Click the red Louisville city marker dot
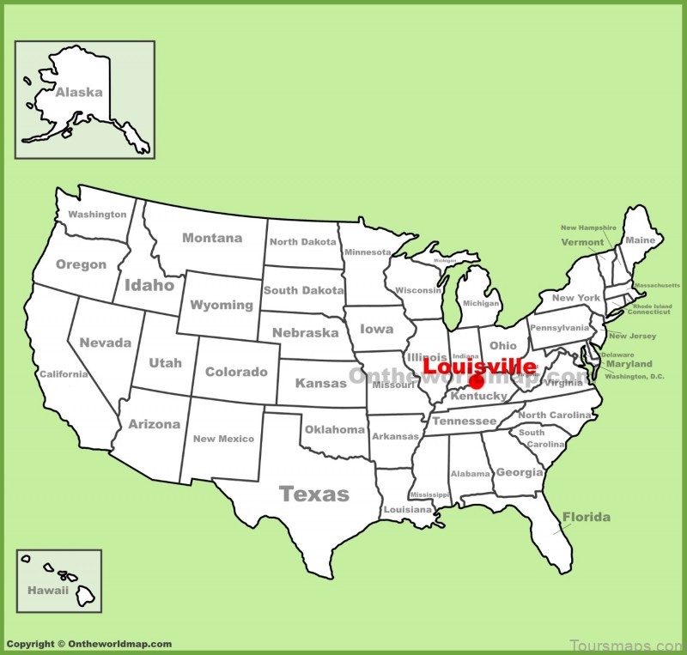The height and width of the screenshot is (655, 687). (477, 382)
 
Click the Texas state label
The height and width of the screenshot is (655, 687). (314, 494)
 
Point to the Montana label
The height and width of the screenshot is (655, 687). (211, 238)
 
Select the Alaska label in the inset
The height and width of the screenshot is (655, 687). (79, 92)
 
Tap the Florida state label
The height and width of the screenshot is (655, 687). (587, 517)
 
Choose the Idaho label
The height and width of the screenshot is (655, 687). (149, 285)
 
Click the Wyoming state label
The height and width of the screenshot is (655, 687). (222, 305)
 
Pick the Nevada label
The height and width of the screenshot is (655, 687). (106, 343)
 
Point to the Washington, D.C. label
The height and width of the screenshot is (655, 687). (635, 376)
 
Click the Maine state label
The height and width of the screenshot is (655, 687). (640, 240)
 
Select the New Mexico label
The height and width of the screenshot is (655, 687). (223, 439)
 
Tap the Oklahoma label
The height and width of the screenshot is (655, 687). (334, 429)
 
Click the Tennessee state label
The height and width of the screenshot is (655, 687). (464, 422)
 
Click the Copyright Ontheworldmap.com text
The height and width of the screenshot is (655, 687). (88, 644)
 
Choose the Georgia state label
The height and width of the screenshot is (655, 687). (520, 472)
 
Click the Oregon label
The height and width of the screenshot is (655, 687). (81, 264)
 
